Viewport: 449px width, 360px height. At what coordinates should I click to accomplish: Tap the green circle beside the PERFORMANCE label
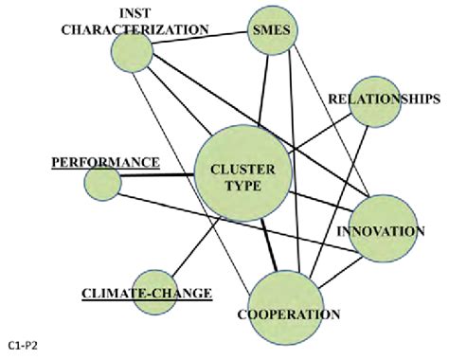tap(102, 181)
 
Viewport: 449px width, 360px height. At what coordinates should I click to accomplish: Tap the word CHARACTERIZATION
tap(135, 29)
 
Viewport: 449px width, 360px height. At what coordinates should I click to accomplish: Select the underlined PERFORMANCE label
tap(105, 162)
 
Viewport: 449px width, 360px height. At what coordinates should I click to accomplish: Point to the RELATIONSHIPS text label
tap(383, 99)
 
